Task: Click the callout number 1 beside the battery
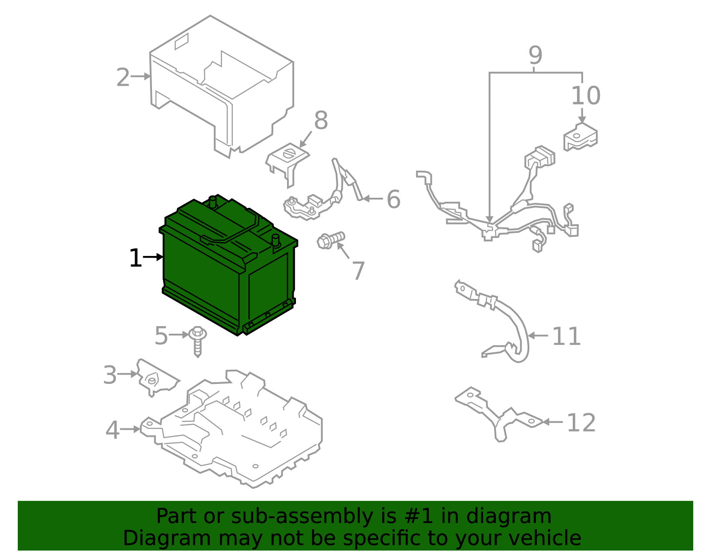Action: click(135, 258)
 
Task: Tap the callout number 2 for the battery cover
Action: click(123, 78)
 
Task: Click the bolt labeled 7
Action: click(330, 240)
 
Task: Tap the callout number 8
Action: click(321, 120)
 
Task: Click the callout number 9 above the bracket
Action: click(535, 56)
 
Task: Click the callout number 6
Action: click(393, 200)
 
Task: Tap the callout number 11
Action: click(566, 337)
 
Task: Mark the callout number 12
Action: click(581, 423)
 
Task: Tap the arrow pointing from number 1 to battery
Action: click(153, 257)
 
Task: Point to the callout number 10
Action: click(585, 96)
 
